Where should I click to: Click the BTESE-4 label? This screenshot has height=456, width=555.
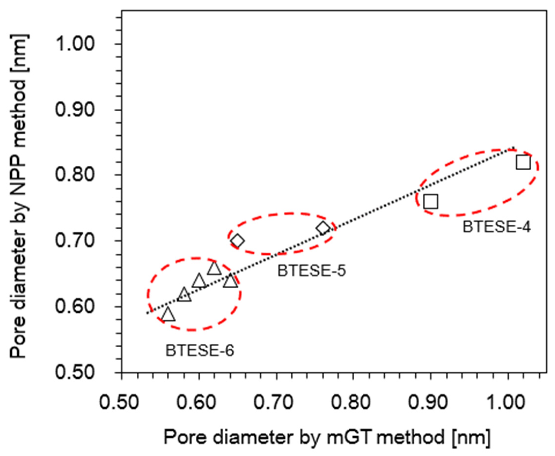click(x=497, y=227)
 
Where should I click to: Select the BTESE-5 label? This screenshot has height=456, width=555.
click(x=311, y=271)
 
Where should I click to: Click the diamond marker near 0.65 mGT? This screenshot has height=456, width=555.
click(x=237, y=241)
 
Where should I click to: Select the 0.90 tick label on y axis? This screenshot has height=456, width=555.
click(x=75, y=109)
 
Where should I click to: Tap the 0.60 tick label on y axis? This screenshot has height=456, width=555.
click(x=75, y=306)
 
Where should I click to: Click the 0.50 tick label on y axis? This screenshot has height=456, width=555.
click(x=75, y=372)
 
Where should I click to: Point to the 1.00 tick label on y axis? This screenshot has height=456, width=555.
click(x=75, y=44)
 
